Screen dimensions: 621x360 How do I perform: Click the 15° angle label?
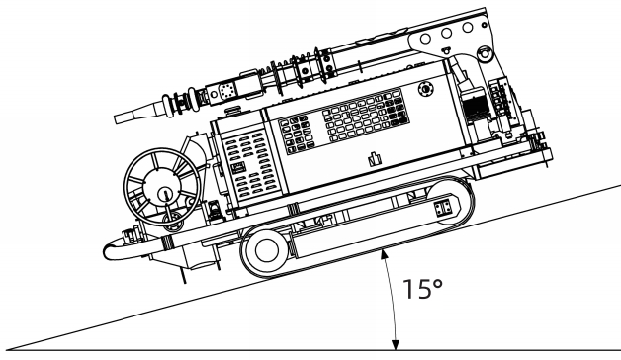point(422,289)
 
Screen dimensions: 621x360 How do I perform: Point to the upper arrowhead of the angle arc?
point(383,254)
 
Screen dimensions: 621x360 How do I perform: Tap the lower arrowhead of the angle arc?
point(395,345)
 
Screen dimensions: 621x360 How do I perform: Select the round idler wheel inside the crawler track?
point(267,250)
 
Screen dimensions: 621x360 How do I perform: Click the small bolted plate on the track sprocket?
point(442,207)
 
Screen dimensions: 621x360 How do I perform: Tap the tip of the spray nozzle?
point(116,119)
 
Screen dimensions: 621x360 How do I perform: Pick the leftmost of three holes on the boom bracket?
point(425,39)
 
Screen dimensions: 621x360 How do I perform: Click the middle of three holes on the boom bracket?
point(446,34)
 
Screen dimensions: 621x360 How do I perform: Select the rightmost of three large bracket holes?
point(468,28)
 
